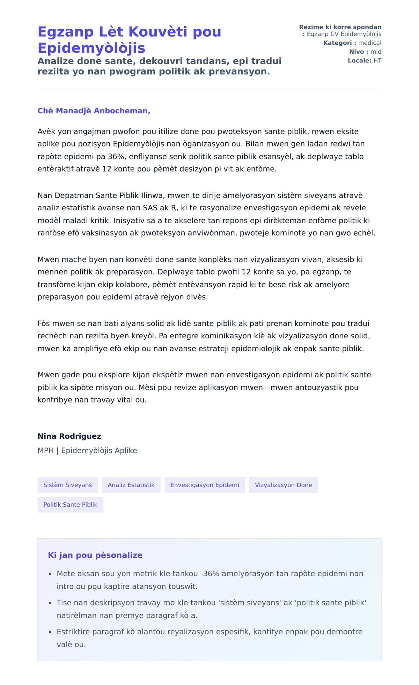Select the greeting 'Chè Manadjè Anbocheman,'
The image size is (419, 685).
[x=94, y=111]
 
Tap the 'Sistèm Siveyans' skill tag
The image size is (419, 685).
[x=68, y=485]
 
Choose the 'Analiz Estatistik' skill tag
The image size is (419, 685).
[x=131, y=485]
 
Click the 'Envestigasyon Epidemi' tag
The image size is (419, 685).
[x=205, y=485]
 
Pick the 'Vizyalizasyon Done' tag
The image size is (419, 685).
[x=283, y=485]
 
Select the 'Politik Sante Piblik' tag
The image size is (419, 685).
[x=70, y=505]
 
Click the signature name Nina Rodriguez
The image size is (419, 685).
[x=69, y=436]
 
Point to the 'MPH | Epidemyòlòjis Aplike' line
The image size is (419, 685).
[x=87, y=450]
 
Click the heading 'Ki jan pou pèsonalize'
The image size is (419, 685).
[x=95, y=555]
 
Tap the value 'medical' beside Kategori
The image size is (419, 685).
[x=370, y=43]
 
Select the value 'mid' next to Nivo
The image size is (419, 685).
[x=376, y=52]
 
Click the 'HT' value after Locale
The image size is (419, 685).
[x=377, y=60]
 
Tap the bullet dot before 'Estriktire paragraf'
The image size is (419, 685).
[x=50, y=632]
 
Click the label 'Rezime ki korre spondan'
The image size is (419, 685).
[x=340, y=27]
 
